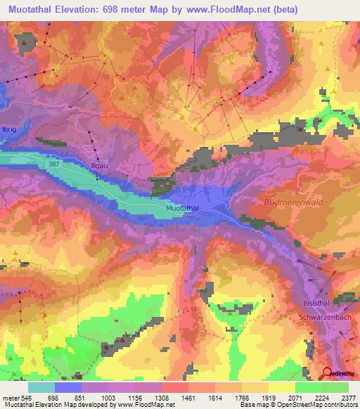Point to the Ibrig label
8,130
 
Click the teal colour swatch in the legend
41,387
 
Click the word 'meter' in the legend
11,397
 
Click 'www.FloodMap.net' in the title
214,10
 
